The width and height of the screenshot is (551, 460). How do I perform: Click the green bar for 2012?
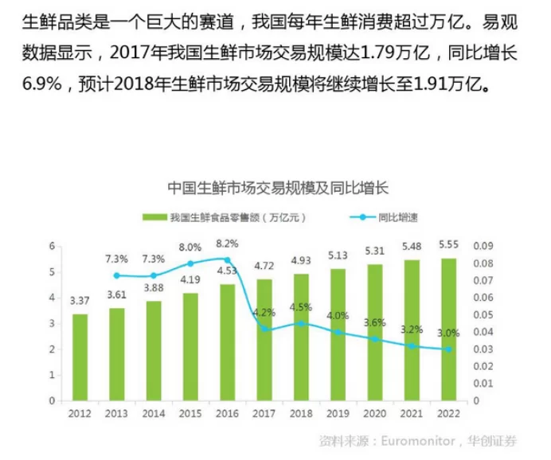click(x=80, y=357)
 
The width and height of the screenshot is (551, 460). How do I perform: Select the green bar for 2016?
click(x=228, y=342)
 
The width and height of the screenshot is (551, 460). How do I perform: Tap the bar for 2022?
click(x=448, y=329)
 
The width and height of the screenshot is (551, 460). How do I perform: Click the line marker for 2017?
click(x=264, y=329)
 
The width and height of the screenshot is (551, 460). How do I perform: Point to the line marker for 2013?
click(x=117, y=275)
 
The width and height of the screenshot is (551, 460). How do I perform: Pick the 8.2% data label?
click(x=227, y=243)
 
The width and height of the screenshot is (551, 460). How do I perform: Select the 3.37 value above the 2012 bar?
click(x=80, y=301)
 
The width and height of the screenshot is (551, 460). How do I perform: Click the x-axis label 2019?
click(x=338, y=413)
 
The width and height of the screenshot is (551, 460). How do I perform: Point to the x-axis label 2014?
click(x=153, y=413)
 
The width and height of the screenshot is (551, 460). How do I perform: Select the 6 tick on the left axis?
click(x=53, y=246)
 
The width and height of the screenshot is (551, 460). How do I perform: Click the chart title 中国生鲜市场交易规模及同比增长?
click(x=276, y=189)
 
